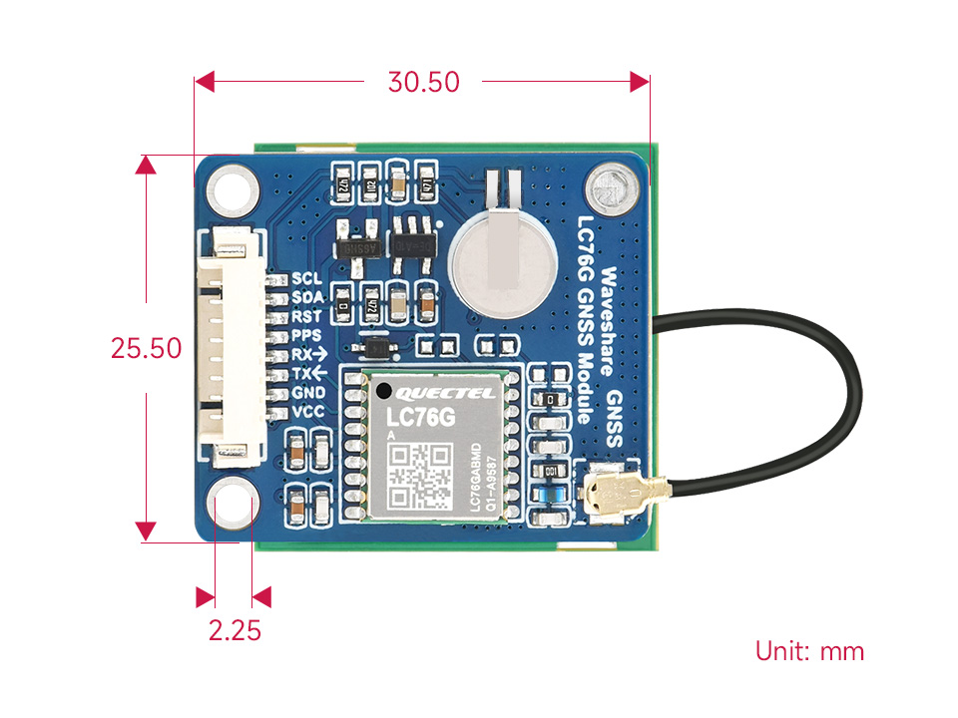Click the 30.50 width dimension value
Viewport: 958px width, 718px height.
point(424,82)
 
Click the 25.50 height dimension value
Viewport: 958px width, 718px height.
point(147,348)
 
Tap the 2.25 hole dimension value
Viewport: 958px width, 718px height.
point(235,630)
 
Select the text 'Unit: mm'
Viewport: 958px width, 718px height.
point(809,651)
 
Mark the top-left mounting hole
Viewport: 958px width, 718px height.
point(233,187)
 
